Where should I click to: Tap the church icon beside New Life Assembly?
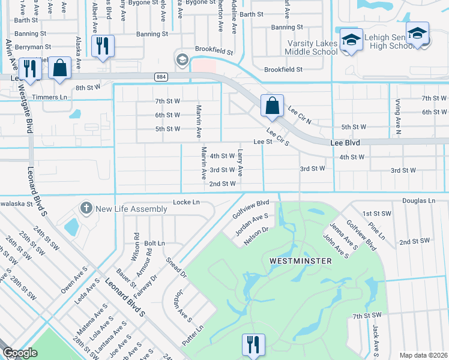tap(86, 209)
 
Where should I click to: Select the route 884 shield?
tap(160, 77)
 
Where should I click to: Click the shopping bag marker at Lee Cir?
tap(272, 106)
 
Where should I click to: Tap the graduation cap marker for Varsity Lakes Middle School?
tap(351, 40)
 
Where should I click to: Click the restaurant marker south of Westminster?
tap(253, 344)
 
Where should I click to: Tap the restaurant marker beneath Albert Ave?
tap(102, 46)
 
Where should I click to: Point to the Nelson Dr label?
tap(255, 236)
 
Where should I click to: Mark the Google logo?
tap(20, 353)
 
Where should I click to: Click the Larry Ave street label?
tap(240, 162)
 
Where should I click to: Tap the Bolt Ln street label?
tap(154, 243)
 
